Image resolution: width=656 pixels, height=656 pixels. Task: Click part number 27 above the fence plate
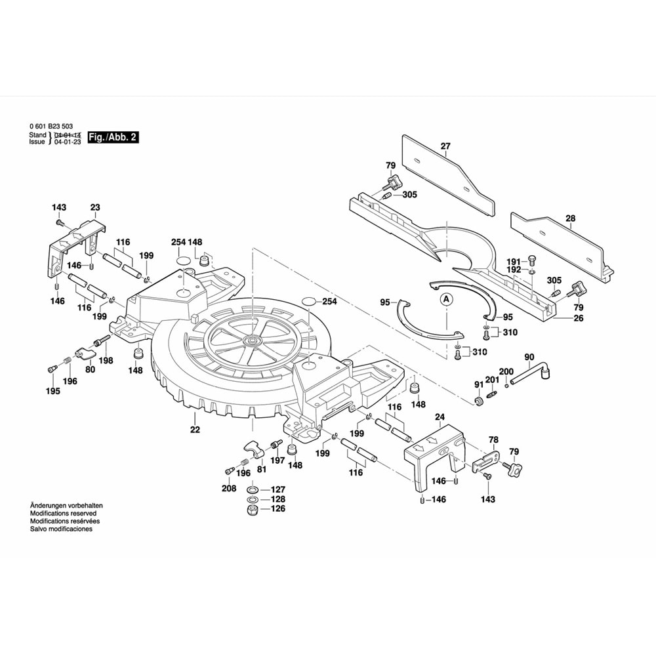[446, 146]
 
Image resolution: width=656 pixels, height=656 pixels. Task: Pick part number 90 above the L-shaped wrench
[529, 357]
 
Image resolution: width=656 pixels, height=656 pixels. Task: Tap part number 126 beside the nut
[278, 508]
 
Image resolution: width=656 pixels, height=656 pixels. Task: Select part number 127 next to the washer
[278, 489]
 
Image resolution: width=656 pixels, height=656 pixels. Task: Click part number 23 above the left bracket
[95, 207]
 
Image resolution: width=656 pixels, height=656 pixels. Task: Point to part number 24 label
[440, 417]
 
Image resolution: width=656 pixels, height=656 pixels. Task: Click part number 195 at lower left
[52, 392]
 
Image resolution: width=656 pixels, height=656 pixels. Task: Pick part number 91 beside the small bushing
[478, 384]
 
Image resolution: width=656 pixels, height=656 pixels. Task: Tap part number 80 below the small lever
[89, 369]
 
